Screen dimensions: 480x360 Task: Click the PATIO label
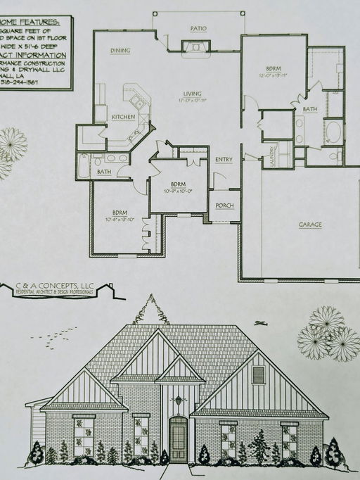pos(198,28)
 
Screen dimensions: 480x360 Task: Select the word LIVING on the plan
pos(193,94)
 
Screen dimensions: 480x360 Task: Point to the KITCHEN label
pos(123,117)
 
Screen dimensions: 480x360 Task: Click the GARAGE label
pos(309,225)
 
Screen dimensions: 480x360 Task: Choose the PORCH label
pos(224,206)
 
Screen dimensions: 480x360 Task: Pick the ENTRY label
pos(224,160)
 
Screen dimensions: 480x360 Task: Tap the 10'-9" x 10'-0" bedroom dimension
pos(178,190)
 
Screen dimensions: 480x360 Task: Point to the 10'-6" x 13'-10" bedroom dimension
pos(119,218)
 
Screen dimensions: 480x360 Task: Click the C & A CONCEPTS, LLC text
pos(55,286)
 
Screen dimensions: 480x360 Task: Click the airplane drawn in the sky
pos(262,323)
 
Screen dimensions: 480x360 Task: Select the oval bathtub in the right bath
pos(333,132)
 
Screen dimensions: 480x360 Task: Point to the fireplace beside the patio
pos(195,47)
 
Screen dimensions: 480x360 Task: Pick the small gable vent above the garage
pos(258,374)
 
